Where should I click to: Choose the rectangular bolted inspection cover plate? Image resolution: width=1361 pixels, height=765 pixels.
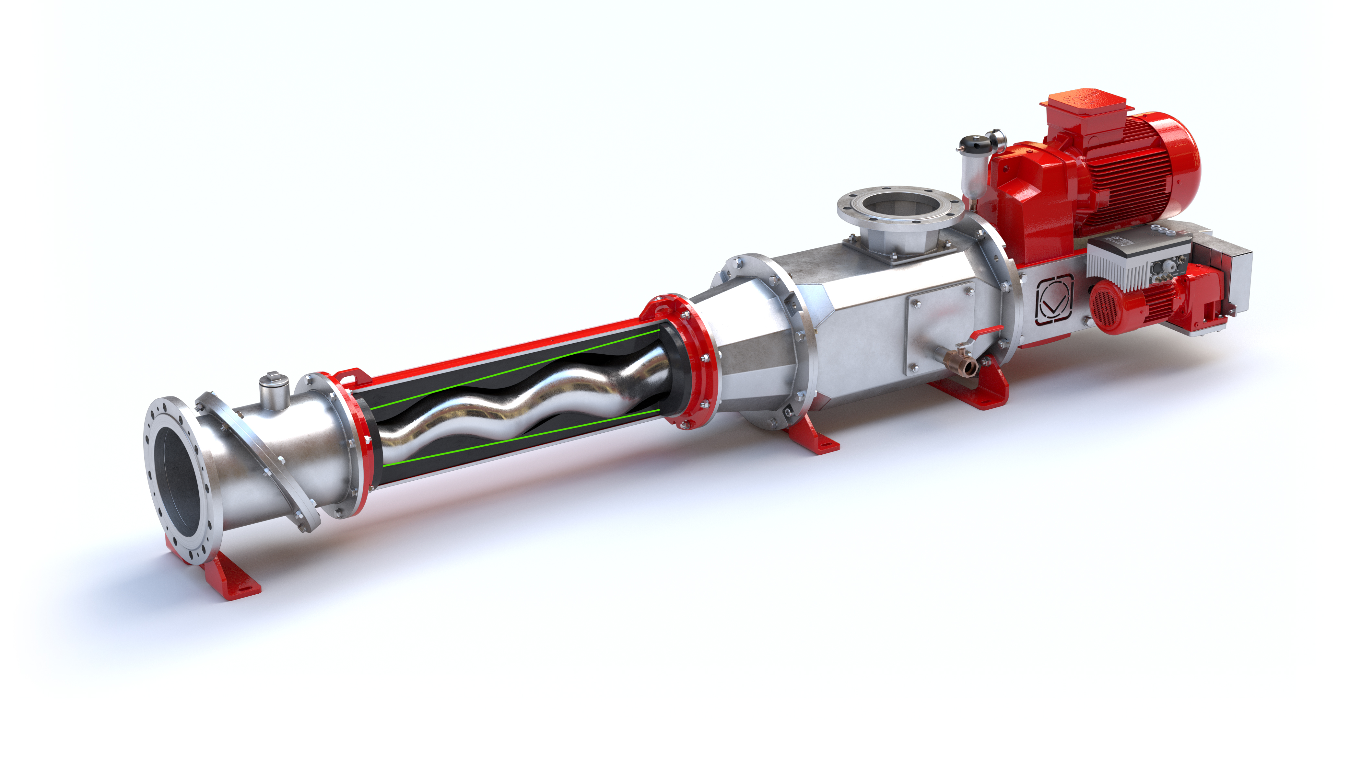pos(940,327)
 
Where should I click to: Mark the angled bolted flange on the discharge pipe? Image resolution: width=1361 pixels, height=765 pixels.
pos(259,459)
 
